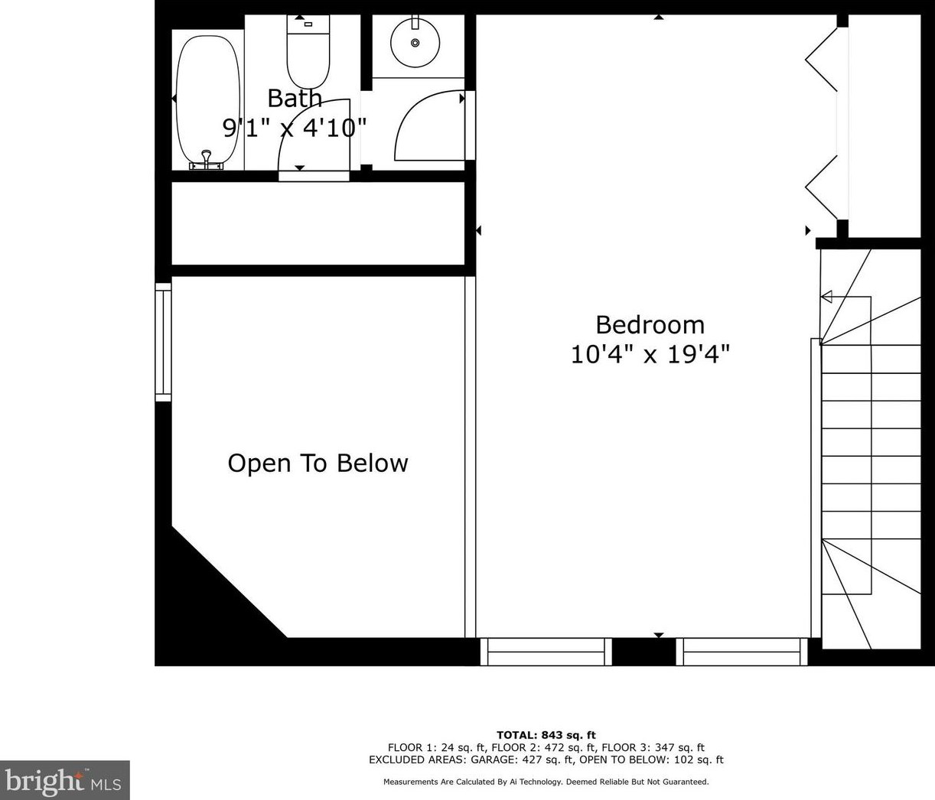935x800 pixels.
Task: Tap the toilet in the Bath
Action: (308, 52)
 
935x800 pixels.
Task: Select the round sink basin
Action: (415, 43)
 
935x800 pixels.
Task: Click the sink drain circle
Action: (415, 43)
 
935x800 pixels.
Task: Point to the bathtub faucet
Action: (207, 161)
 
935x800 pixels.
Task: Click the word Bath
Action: (295, 98)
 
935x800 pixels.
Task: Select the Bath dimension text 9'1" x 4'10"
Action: (294, 128)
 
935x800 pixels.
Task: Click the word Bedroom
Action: (650, 325)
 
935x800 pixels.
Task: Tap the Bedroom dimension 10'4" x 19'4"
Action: (650, 354)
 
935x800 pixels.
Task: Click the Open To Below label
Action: (318, 463)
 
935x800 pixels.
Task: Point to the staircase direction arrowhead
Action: (826, 297)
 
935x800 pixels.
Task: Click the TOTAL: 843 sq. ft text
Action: (546, 735)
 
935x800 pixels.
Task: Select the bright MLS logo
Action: (65, 779)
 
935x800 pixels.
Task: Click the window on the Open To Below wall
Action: (163, 342)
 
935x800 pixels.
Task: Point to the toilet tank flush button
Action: (308, 24)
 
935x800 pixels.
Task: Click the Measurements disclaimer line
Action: (546, 782)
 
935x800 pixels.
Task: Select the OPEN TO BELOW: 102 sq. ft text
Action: (651, 759)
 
